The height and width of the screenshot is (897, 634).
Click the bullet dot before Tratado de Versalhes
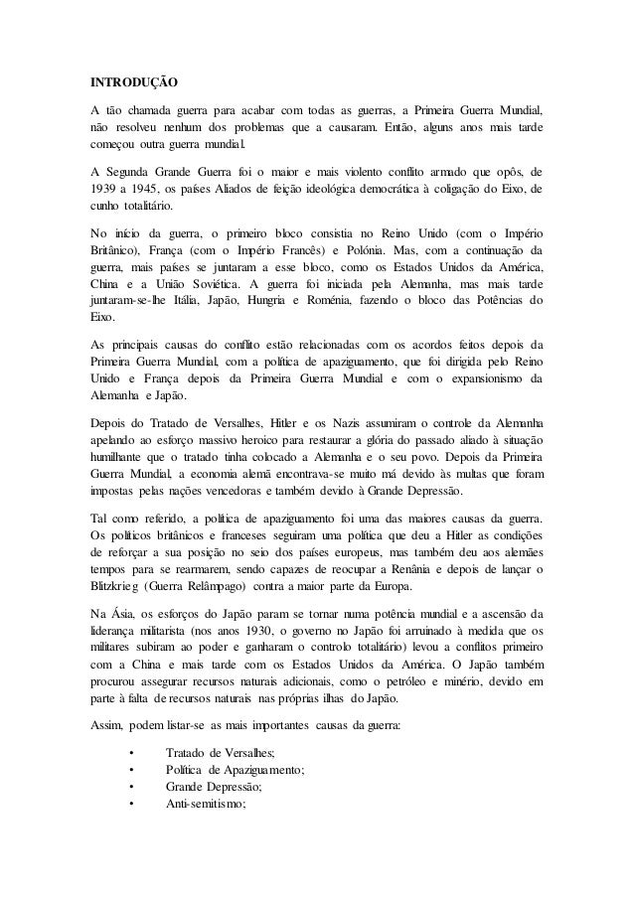pos(130,756)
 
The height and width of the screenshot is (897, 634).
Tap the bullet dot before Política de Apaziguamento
pos(130,772)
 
